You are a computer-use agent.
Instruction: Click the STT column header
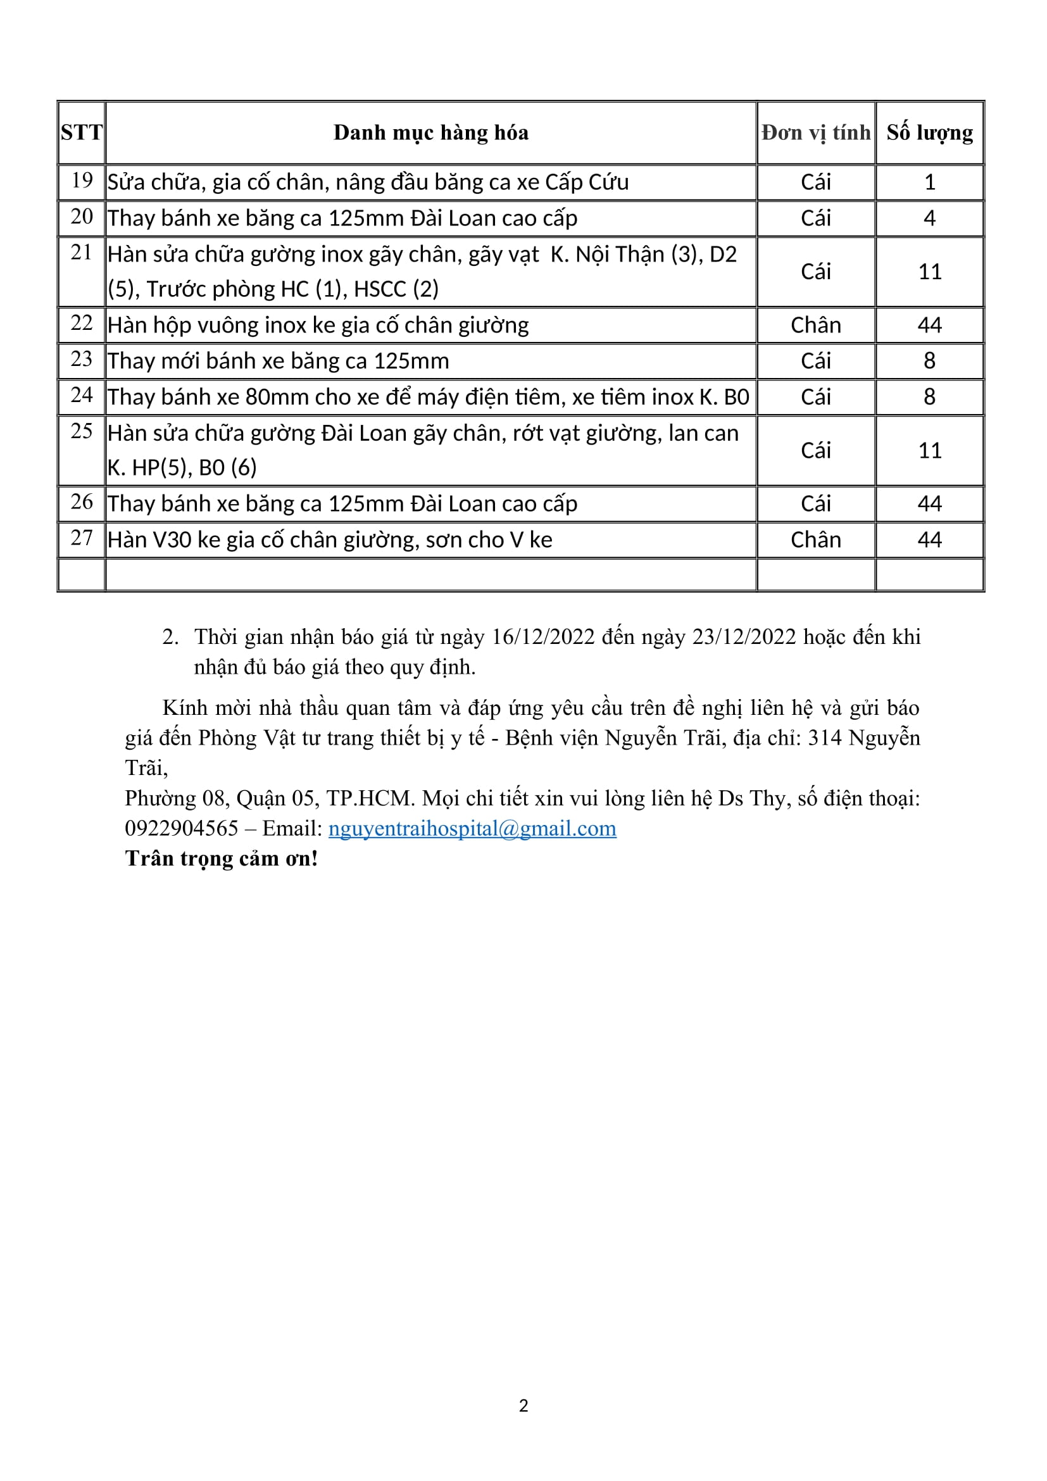(x=81, y=132)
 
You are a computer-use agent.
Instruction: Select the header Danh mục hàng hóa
(x=430, y=132)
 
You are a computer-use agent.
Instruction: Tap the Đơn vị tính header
(x=815, y=132)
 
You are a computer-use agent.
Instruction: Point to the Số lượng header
(x=929, y=132)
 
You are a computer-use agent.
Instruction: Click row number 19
(x=82, y=180)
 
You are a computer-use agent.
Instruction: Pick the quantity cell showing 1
(x=929, y=182)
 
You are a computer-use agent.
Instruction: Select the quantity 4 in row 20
(x=929, y=218)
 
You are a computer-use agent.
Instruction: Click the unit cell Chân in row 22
(x=815, y=325)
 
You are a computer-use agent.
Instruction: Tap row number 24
(x=82, y=395)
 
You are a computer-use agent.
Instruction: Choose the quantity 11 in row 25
(x=929, y=450)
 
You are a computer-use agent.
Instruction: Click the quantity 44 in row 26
(x=929, y=504)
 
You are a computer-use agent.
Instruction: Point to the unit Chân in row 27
(x=815, y=540)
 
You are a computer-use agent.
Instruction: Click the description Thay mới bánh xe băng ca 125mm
(x=278, y=360)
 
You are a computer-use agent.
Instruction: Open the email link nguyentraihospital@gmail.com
(x=472, y=828)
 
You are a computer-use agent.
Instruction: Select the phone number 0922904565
(x=181, y=828)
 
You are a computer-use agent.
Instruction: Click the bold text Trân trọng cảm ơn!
(x=221, y=859)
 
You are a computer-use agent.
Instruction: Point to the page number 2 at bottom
(x=523, y=1406)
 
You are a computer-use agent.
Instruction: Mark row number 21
(x=82, y=253)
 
